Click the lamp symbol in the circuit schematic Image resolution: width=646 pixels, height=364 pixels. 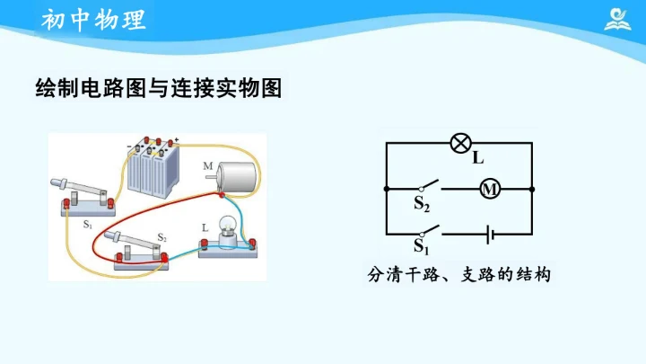[x=460, y=142]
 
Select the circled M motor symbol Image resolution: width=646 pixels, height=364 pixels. [x=489, y=189]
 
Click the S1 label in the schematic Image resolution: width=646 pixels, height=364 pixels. [x=422, y=245]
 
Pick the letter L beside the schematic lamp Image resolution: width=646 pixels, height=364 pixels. [x=478, y=159]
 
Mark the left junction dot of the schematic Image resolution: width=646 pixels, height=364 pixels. [x=386, y=189]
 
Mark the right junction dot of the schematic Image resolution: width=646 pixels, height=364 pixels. [x=533, y=189]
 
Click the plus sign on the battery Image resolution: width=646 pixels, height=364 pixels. [x=177, y=139]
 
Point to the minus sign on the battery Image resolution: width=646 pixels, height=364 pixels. [x=128, y=144]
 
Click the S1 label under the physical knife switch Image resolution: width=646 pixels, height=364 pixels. [x=87, y=224]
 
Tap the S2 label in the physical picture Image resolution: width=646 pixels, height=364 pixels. [x=162, y=238]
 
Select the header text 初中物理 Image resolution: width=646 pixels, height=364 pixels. [x=93, y=20]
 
